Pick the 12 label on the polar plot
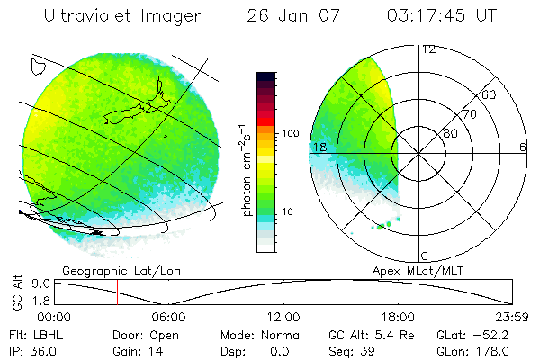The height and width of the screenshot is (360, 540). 428,49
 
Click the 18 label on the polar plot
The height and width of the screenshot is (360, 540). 319,146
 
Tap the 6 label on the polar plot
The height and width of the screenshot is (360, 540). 523,146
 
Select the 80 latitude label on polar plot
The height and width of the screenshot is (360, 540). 450,133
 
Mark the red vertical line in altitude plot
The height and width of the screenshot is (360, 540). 117,292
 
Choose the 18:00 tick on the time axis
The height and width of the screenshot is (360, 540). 398,317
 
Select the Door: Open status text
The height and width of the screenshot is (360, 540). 140,334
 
